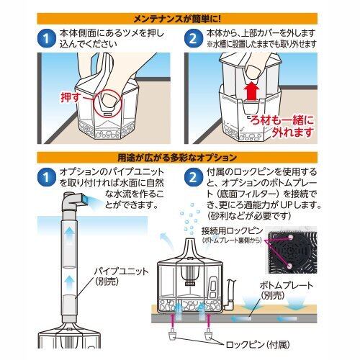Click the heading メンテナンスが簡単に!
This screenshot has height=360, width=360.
pos(177,19)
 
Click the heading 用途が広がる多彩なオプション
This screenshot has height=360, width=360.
pos(177,158)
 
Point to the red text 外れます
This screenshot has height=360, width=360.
pos(292,132)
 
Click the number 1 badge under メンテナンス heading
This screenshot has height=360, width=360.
pos(47,38)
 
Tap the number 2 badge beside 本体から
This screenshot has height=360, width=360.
pos(193,38)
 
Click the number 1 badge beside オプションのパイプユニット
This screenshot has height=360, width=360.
pos(47,177)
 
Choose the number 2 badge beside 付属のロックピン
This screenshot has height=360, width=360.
pos(193,177)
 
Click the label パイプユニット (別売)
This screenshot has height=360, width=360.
pos(121,276)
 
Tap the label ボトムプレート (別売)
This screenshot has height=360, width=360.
pos(287,290)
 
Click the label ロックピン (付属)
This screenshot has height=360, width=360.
pos(258,345)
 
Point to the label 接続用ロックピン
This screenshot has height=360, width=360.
pos(233,231)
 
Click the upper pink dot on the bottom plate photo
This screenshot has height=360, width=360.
pos(291,237)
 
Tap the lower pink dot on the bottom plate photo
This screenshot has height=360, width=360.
pos(290,266)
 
